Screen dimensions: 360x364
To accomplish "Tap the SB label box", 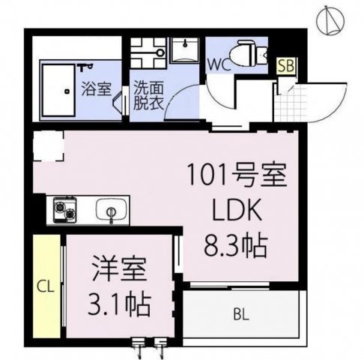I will pos(285,66).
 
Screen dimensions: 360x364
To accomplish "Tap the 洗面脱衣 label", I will pos(146,96).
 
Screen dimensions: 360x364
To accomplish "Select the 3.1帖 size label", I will pos(120,304).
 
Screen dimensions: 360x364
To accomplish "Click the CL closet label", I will pos(44,285).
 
